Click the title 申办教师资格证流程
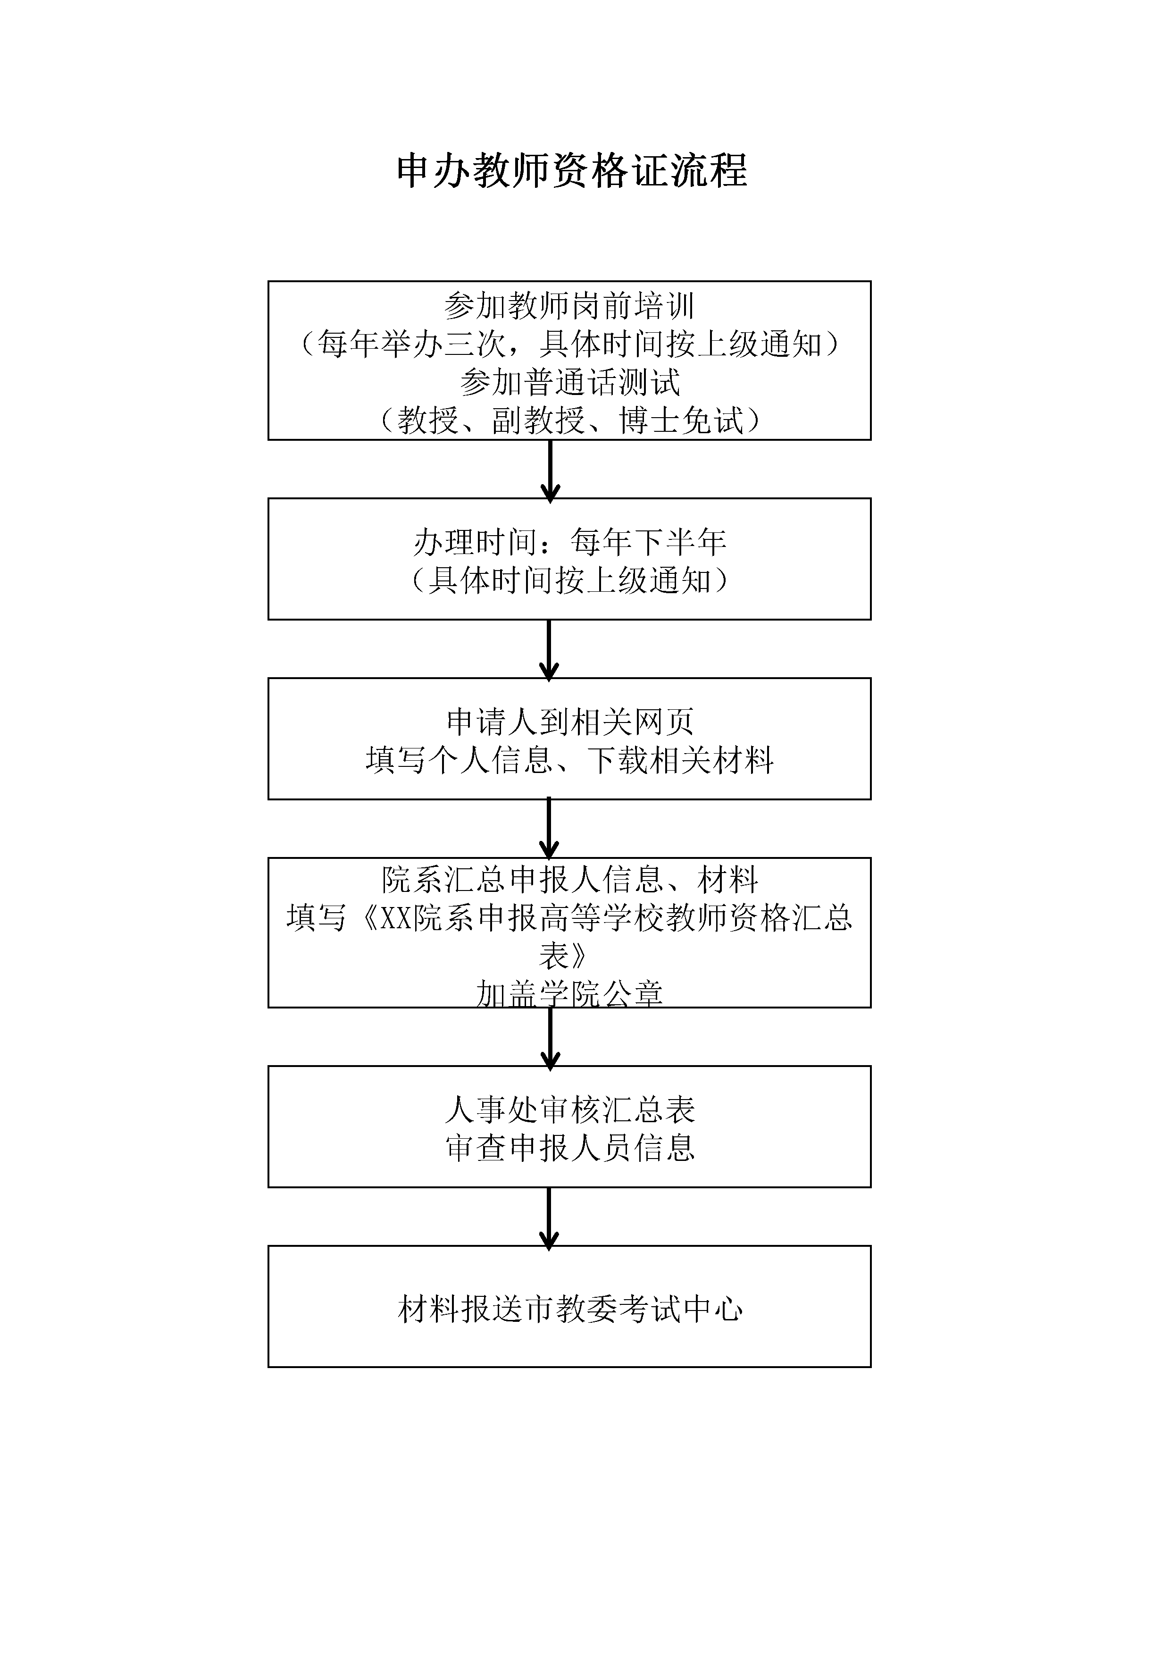click(572, 172)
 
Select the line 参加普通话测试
click(569, 383)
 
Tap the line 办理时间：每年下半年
click(569, 542)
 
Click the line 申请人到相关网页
click(569, 722)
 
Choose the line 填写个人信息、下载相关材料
click(569, 760)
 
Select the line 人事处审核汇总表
click(569, 1110)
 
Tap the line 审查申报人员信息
click(569, 1148)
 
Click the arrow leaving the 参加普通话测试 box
click(551, 471)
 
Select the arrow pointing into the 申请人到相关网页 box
click(549, 651)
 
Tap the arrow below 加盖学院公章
click(551, 1039)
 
